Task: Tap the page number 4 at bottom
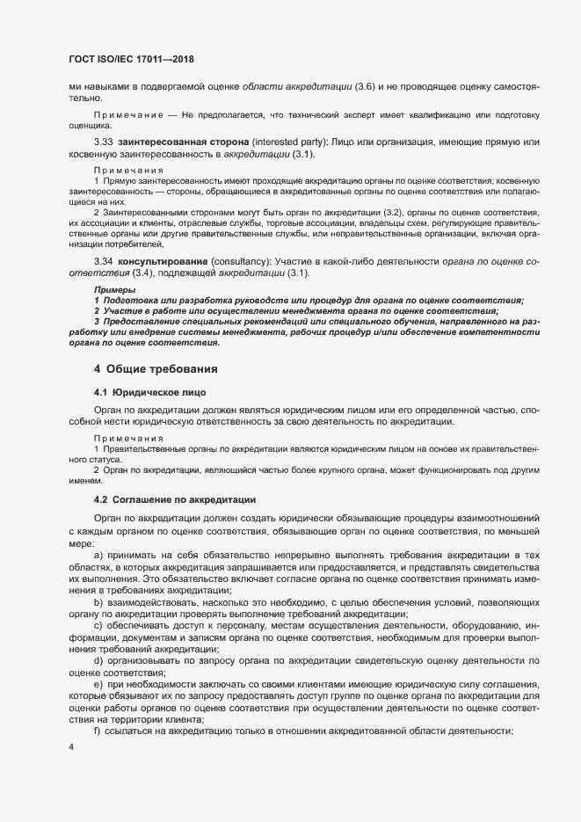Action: pyautogui.click(x=70, y=747)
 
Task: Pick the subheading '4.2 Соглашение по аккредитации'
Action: pyautogui.click(x=175, y=498)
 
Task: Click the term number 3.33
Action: pyautogui.click(x=103, y=142)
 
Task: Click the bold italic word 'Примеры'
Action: pyautogui.click(x=114, y=289)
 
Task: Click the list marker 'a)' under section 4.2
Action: pyautogui.click(x=98, y=557)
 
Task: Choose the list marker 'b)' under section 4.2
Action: pyautogui.click(x=98, y=601)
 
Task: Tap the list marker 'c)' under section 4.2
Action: pyautogui.click(x=98, y=624)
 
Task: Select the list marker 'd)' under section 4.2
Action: pyautogui.click(x=98, y=658)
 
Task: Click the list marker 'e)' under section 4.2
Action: pyautogui.click(x=98, y=682)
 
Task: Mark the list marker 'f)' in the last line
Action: pyautogui.click(x=97, y=729)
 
